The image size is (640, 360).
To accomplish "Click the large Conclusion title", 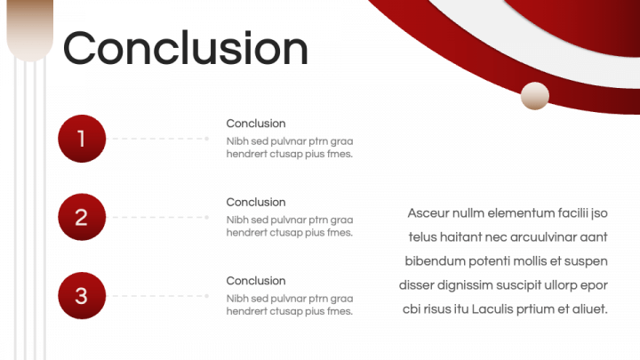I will pos(186,48).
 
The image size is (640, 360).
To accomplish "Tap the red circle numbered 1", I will pos(82,139).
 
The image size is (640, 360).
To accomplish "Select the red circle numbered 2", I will pos(82,217).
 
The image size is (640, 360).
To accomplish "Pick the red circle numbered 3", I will pos(82,295).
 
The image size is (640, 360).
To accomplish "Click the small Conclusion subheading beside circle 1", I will pos(256,124).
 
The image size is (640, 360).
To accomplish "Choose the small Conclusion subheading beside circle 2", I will pos(256,202).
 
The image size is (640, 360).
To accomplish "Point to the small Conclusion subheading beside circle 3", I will pos(256,280).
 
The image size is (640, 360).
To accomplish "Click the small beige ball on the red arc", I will pos(535,96).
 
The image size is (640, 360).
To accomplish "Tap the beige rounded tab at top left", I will pos(29,29).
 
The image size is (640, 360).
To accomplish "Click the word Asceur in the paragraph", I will pos(428,213).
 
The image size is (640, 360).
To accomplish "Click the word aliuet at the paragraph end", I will pos(588,309).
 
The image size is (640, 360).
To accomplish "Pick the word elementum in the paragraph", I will pos(520,213).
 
